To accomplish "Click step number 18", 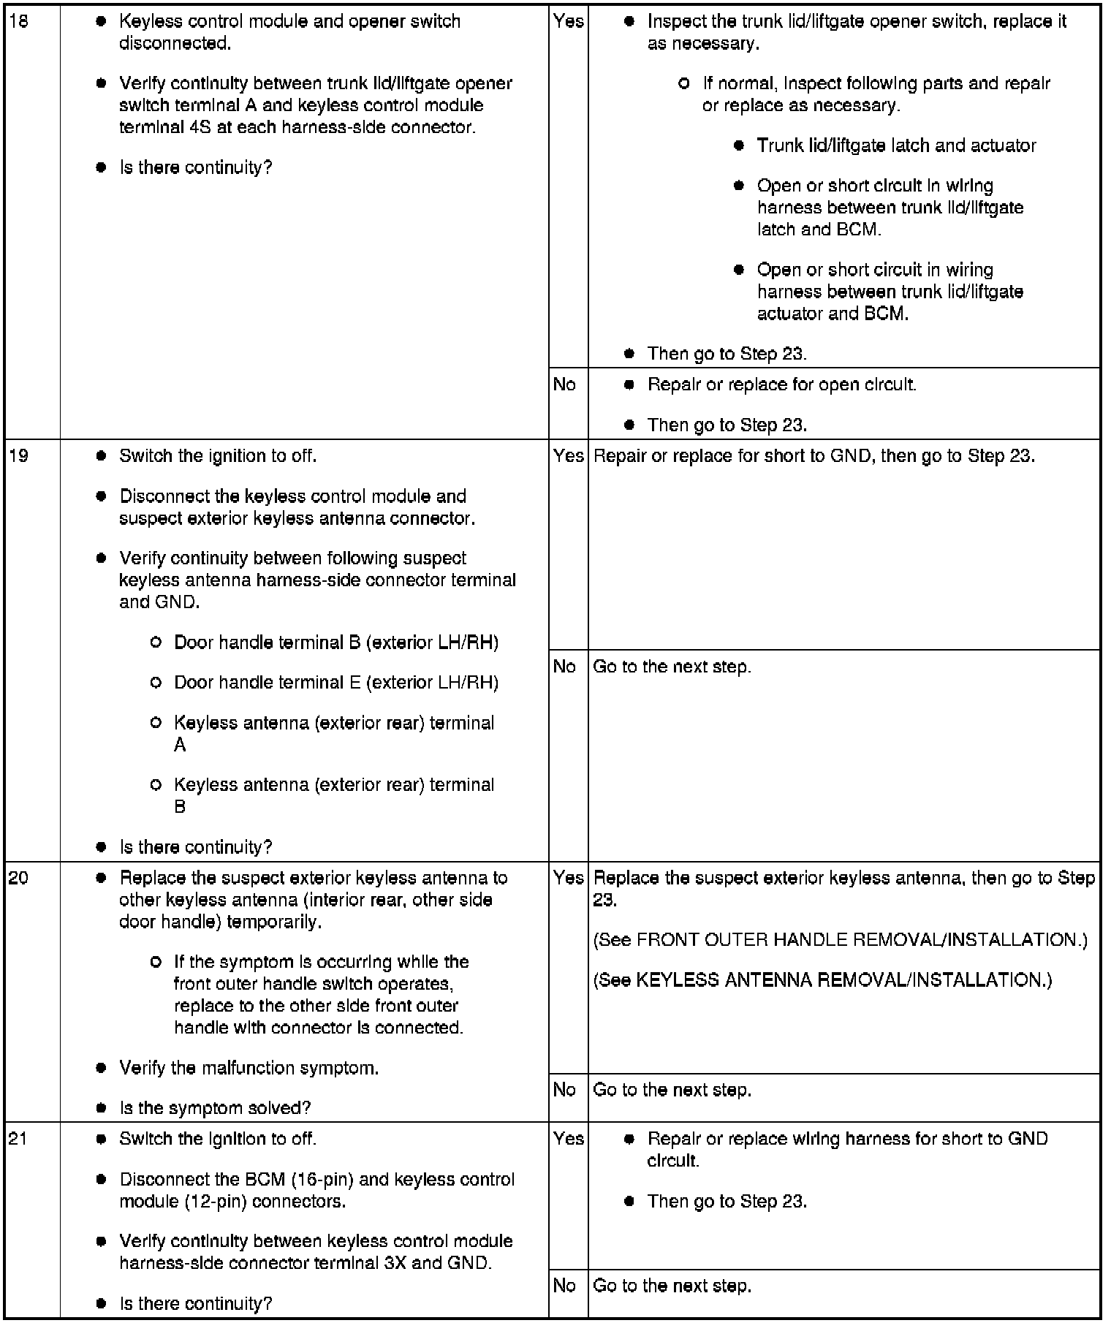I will pos(18,21).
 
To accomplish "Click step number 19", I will pos(18,456).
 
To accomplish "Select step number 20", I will pos(18,878).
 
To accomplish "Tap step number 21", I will pos(18,1139).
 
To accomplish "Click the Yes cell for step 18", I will pos(568,21).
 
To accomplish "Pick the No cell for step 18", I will pos(564,384).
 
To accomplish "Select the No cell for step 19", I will pos(564,667).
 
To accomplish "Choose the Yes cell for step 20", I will pos(568,878).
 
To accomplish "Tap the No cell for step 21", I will pos(564,1286).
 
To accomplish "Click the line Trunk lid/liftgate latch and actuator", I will pos(896,145).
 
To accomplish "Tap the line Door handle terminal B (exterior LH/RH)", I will pos(336,642).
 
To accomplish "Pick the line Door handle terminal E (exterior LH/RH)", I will pos(336,683).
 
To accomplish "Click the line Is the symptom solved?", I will pos(215,1108).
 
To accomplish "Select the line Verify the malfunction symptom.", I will pos(249,1068).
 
